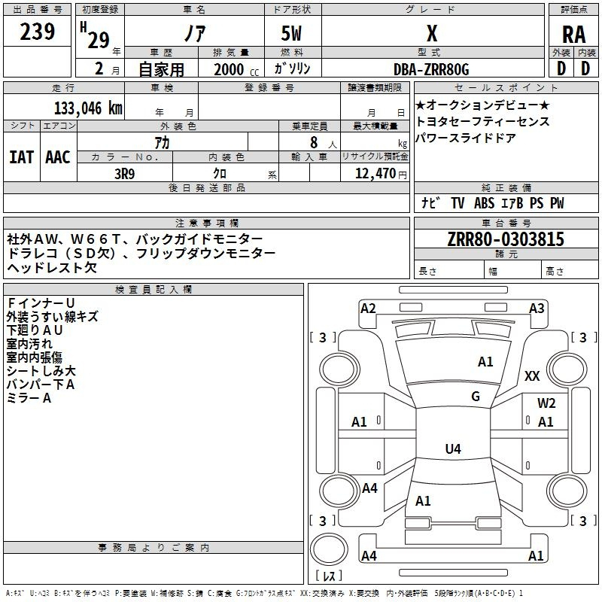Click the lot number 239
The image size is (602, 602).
[x=37, y=32]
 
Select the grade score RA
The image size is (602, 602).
[x=573, y=35]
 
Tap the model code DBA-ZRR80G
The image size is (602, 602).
[x=431, y=69]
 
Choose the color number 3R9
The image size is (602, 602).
[x=125, y=173]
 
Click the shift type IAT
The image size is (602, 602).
[x=21, y=157]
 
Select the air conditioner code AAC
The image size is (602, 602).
[x=57, y=157]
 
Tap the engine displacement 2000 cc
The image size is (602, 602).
[x=229, y=69]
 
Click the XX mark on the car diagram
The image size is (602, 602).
[x=532, y=375]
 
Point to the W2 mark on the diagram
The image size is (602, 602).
[x=546, y=403]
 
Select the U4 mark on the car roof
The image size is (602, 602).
[x=452, y=449]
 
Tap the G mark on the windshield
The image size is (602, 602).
[x=476, y=396]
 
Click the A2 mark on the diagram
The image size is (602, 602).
[x=368, y=308]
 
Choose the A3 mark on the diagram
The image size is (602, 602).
[x=537, y=308]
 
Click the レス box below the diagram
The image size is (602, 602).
[x=329, y=576]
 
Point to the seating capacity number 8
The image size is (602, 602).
[x=312, y=142]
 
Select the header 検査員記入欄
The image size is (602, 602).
[x=154, y=289]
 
